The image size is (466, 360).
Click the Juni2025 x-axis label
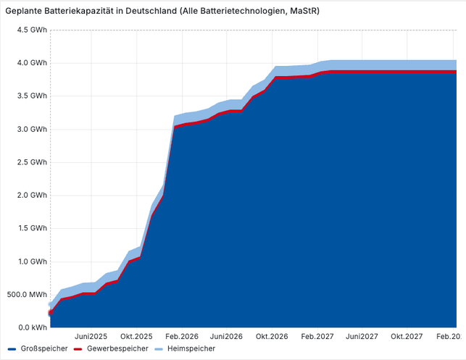point(92,337)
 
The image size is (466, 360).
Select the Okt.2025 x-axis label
point(137,337)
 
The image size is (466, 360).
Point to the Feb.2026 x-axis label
point(182,337)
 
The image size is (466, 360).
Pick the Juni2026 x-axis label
point(227,337)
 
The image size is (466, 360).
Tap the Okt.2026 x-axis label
point(272,337)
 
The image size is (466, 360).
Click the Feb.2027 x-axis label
point(317,337)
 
